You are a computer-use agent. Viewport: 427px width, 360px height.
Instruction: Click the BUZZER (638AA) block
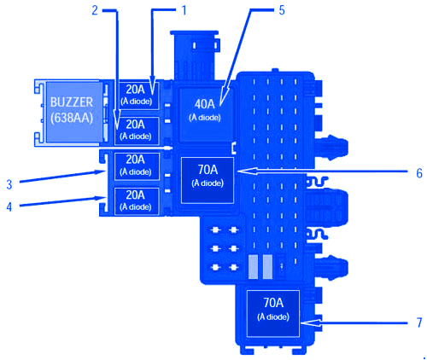[x=74, y=112]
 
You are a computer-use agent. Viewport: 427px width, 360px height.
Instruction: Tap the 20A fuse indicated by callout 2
[x=137, y=131]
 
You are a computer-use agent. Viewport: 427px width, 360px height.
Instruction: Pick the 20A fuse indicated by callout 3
[x=137, y=166]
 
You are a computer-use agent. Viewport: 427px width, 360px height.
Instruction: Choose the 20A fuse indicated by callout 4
[x=137, y=201]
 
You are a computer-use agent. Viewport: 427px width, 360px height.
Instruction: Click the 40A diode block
[x=206, y=115]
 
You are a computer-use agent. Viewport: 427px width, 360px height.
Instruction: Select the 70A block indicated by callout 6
[x=208, y=180]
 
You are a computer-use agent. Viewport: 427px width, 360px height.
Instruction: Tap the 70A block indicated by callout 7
[x=273, y=313]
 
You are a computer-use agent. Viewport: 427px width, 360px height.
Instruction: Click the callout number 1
[x=184, y=10]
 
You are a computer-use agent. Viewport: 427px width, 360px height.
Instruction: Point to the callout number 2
[x=95, y=10]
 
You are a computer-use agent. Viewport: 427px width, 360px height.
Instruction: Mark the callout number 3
[x=9, y=184]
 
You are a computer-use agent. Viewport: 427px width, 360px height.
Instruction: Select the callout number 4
[x=9, y=206]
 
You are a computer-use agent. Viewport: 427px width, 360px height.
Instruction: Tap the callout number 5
[x=282, y=10]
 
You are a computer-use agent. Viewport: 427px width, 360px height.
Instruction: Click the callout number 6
[x=419, y=172]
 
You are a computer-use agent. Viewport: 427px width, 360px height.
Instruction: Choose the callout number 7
[x=419, y=322]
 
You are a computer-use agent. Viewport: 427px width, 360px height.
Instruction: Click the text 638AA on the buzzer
[x=72, y=118]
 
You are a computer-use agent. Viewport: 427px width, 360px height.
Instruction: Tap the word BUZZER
[x=72, y=102]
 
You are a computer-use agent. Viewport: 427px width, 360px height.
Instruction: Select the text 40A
[x=204, y=104]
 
